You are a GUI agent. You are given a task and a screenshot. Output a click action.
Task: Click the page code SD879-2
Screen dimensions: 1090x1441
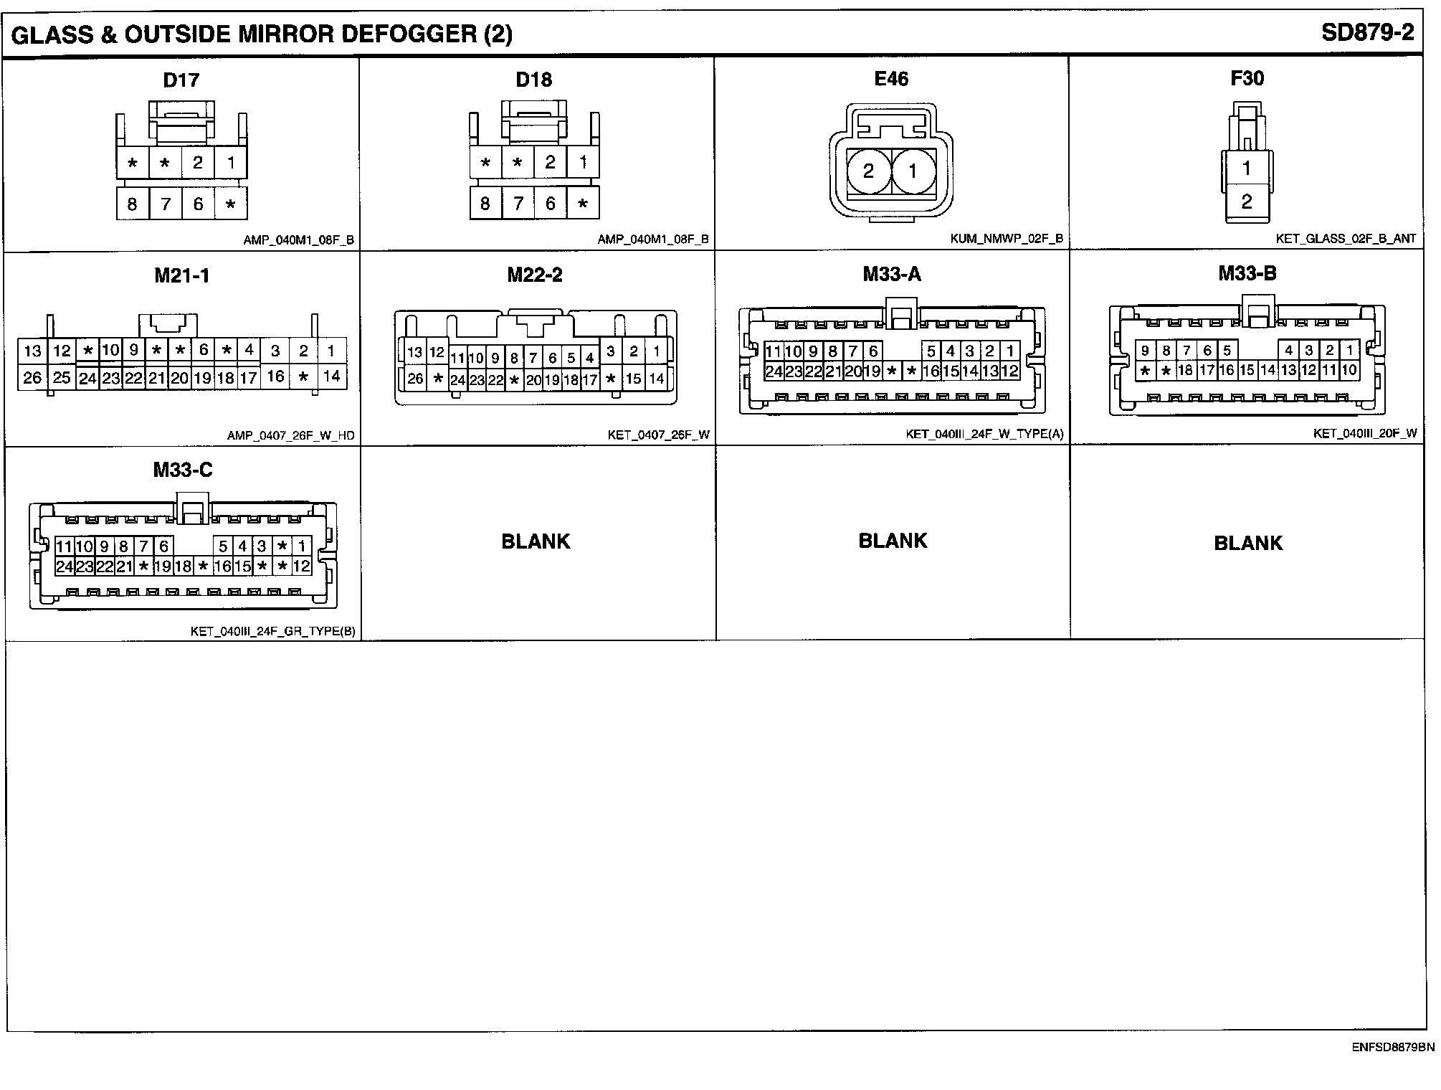click(x=1367, y=34)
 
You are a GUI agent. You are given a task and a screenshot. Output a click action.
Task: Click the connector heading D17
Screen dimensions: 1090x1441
click(x=181, y=80)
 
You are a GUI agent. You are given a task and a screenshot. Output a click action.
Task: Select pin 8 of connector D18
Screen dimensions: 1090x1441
click(x=485, y=204)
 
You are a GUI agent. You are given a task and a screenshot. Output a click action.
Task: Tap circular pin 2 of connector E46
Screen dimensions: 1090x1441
click(x=868, y=171)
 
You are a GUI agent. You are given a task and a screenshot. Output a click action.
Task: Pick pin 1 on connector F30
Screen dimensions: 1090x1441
click(x=1247, y=169)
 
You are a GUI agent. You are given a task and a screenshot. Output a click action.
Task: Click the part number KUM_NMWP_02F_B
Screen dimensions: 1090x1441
click(x=1007, y=239)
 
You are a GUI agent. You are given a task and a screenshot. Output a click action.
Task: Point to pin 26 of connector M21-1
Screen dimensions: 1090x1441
click(x=32, y=377)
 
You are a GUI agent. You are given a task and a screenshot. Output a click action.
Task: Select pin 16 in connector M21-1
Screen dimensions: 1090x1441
click(x=275, y=376)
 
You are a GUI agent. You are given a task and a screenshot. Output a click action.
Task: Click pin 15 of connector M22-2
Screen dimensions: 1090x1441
click(x=633, y=379)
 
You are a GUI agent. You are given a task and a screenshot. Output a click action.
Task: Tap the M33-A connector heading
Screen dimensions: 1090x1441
click(x=892, y=274)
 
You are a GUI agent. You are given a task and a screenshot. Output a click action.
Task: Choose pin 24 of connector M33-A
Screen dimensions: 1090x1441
click(x=774, y=371)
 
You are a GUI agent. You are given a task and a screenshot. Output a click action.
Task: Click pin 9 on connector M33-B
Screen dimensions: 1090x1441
click(x=1145, y=351)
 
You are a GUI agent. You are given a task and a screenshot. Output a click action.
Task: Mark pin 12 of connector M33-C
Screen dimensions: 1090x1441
click(x=302, y=566)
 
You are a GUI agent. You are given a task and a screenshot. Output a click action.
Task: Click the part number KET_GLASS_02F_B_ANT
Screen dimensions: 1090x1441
click(x=1346, y=239)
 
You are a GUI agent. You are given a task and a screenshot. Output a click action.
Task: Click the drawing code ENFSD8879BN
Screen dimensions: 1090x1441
click(x=1393, y=1047)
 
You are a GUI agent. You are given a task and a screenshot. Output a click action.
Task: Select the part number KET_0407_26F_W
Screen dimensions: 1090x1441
click(x=657, y=435)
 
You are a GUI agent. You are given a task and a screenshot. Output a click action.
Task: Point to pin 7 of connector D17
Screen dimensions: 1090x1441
click(x=166, y=204)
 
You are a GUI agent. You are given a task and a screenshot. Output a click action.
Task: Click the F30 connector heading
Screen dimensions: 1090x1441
click(x=1247, y=78)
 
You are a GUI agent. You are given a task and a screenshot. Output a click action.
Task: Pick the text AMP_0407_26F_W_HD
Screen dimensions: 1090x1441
click(x=290, y=435)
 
